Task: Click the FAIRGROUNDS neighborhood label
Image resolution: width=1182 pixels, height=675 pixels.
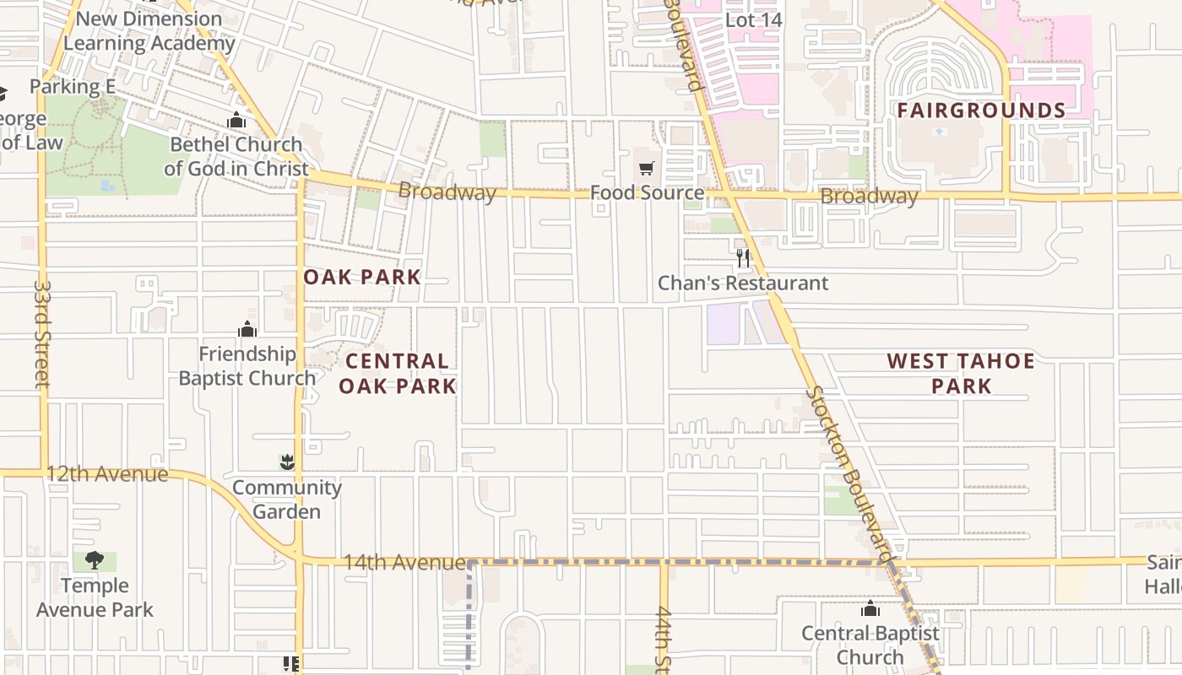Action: [x=981, y=111]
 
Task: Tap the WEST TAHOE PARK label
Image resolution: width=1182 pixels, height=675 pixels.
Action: [x=961, y=373]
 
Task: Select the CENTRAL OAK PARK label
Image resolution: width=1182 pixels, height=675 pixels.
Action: [x=401, y=373]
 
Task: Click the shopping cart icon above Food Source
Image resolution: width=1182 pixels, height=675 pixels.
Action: [x=646, y=169]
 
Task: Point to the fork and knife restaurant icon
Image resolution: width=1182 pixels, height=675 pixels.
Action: [x=743, y=258]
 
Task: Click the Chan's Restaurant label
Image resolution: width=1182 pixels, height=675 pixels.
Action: [x=743, y=283]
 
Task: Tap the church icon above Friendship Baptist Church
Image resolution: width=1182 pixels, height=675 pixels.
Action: [x=247, y=329]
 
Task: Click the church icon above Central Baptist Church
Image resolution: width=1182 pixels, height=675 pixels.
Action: [x=870, y=608]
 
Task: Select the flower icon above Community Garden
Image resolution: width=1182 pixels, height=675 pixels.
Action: [x=287, y=462]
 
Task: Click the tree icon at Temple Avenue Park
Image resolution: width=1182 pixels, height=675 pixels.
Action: [x=95, y=560]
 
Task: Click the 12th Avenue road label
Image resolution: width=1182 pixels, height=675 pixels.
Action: [x=106, y=474]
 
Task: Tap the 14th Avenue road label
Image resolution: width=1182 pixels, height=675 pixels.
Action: [x=404, y=562]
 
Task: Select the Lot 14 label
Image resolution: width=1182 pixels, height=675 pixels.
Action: [x=754, y=19]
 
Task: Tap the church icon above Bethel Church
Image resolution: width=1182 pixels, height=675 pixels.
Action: [x=236, y=121]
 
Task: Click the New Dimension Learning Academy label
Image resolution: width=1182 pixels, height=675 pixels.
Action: [x=149, y=31]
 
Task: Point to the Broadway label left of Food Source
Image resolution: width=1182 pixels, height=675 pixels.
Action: [x=447, y=192]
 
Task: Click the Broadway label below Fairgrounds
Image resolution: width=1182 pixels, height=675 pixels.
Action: [x=869, y=197]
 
